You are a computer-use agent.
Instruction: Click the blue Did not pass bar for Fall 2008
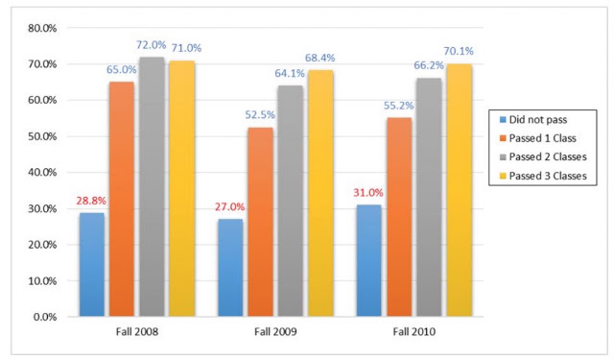tap(92, 264)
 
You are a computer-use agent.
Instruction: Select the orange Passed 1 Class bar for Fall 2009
tap(260, 222)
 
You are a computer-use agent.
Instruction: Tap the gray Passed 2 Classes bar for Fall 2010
tap(429, 197)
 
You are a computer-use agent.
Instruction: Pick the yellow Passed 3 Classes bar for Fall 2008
tap(182, 188)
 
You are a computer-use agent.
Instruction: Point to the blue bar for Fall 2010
tap(368, 260)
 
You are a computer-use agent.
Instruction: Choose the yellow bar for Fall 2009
tap(320, 193)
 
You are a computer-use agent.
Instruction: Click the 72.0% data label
tap(152, 45)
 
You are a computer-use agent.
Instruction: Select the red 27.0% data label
tap(230, 206)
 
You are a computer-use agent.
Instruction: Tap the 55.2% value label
tap(399, 106)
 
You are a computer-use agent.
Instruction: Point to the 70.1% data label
tap(459, 51)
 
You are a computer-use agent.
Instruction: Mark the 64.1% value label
tap(290, 73)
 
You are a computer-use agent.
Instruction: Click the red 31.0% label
tap(368, 192)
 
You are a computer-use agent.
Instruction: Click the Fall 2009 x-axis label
tap(275, 332)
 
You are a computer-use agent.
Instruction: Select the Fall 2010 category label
tap(414, 332)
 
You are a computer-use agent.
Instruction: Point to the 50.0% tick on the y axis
tap(42, 136)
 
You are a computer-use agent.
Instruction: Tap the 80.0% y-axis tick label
tap(42, 28)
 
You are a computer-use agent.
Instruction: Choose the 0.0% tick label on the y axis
tap(45, 317)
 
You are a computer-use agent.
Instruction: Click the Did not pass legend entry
tap(533, 120)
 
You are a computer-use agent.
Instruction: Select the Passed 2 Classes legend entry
tap(544, 157)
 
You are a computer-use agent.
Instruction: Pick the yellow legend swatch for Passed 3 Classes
tap(503, 176)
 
